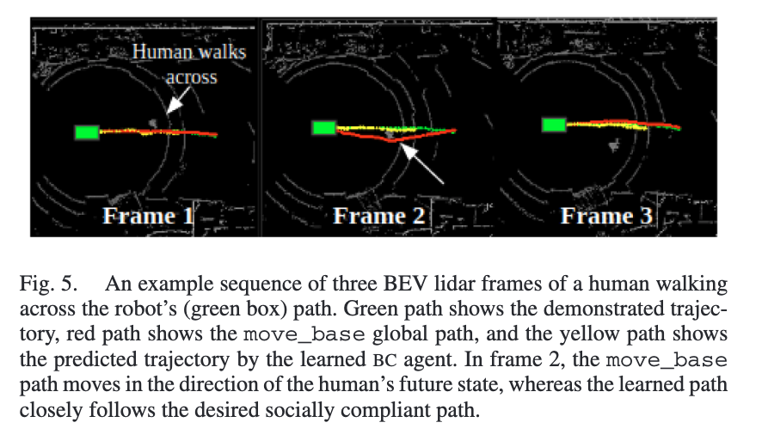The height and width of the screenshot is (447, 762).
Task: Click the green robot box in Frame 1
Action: pos(88,132)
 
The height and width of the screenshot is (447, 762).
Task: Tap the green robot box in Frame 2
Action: pos(324,128)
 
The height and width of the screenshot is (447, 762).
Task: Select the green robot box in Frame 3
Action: pos(554,125)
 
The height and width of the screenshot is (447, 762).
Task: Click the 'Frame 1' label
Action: pos(148,217)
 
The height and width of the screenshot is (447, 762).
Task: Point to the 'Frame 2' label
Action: pos(379,217)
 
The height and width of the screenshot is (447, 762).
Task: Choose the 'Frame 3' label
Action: pos(606,217)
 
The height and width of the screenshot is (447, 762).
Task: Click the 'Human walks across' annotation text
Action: pos(189,64)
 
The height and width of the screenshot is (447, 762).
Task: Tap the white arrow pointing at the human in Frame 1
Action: pos(177,101)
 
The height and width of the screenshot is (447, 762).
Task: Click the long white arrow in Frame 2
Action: pos(421,164)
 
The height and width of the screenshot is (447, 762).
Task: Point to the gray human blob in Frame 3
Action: pos(615,144)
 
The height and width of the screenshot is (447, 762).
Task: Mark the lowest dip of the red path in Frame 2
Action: pos(391,141)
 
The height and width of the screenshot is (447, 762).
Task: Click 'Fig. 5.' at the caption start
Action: pos(48,284)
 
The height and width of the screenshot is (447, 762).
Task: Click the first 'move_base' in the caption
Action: pos(304,334)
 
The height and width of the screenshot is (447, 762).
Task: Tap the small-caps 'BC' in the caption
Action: pos(385,360)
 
